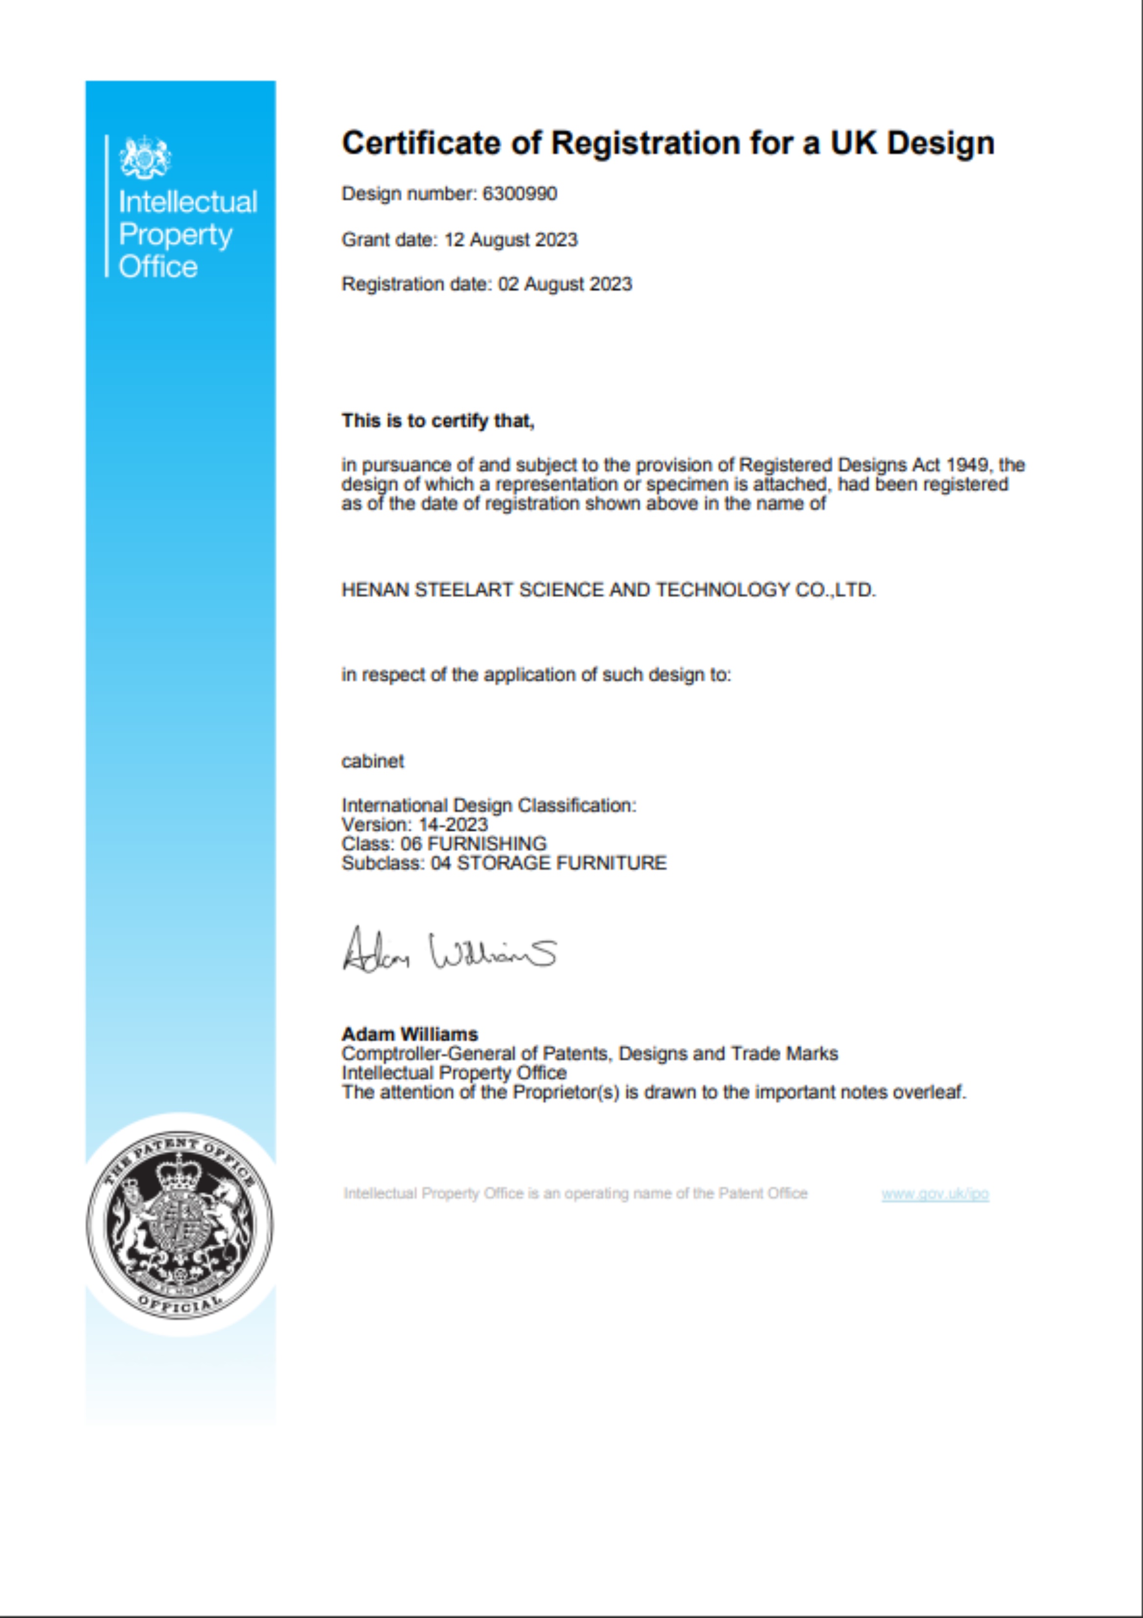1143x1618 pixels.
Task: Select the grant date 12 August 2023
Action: pos(510,240)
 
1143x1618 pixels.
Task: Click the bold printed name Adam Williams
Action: pos(410,1035)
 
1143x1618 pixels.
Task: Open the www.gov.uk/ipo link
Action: pos(935,1194)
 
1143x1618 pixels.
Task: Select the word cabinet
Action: pos(373,762)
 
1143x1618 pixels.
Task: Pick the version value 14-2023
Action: pos(453,825)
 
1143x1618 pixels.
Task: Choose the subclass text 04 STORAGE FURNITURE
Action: pos(548,863)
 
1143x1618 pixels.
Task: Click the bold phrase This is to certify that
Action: pos(437,421)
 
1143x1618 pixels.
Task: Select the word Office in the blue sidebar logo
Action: pos(158,267)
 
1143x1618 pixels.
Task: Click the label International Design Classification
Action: pos(488,806)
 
